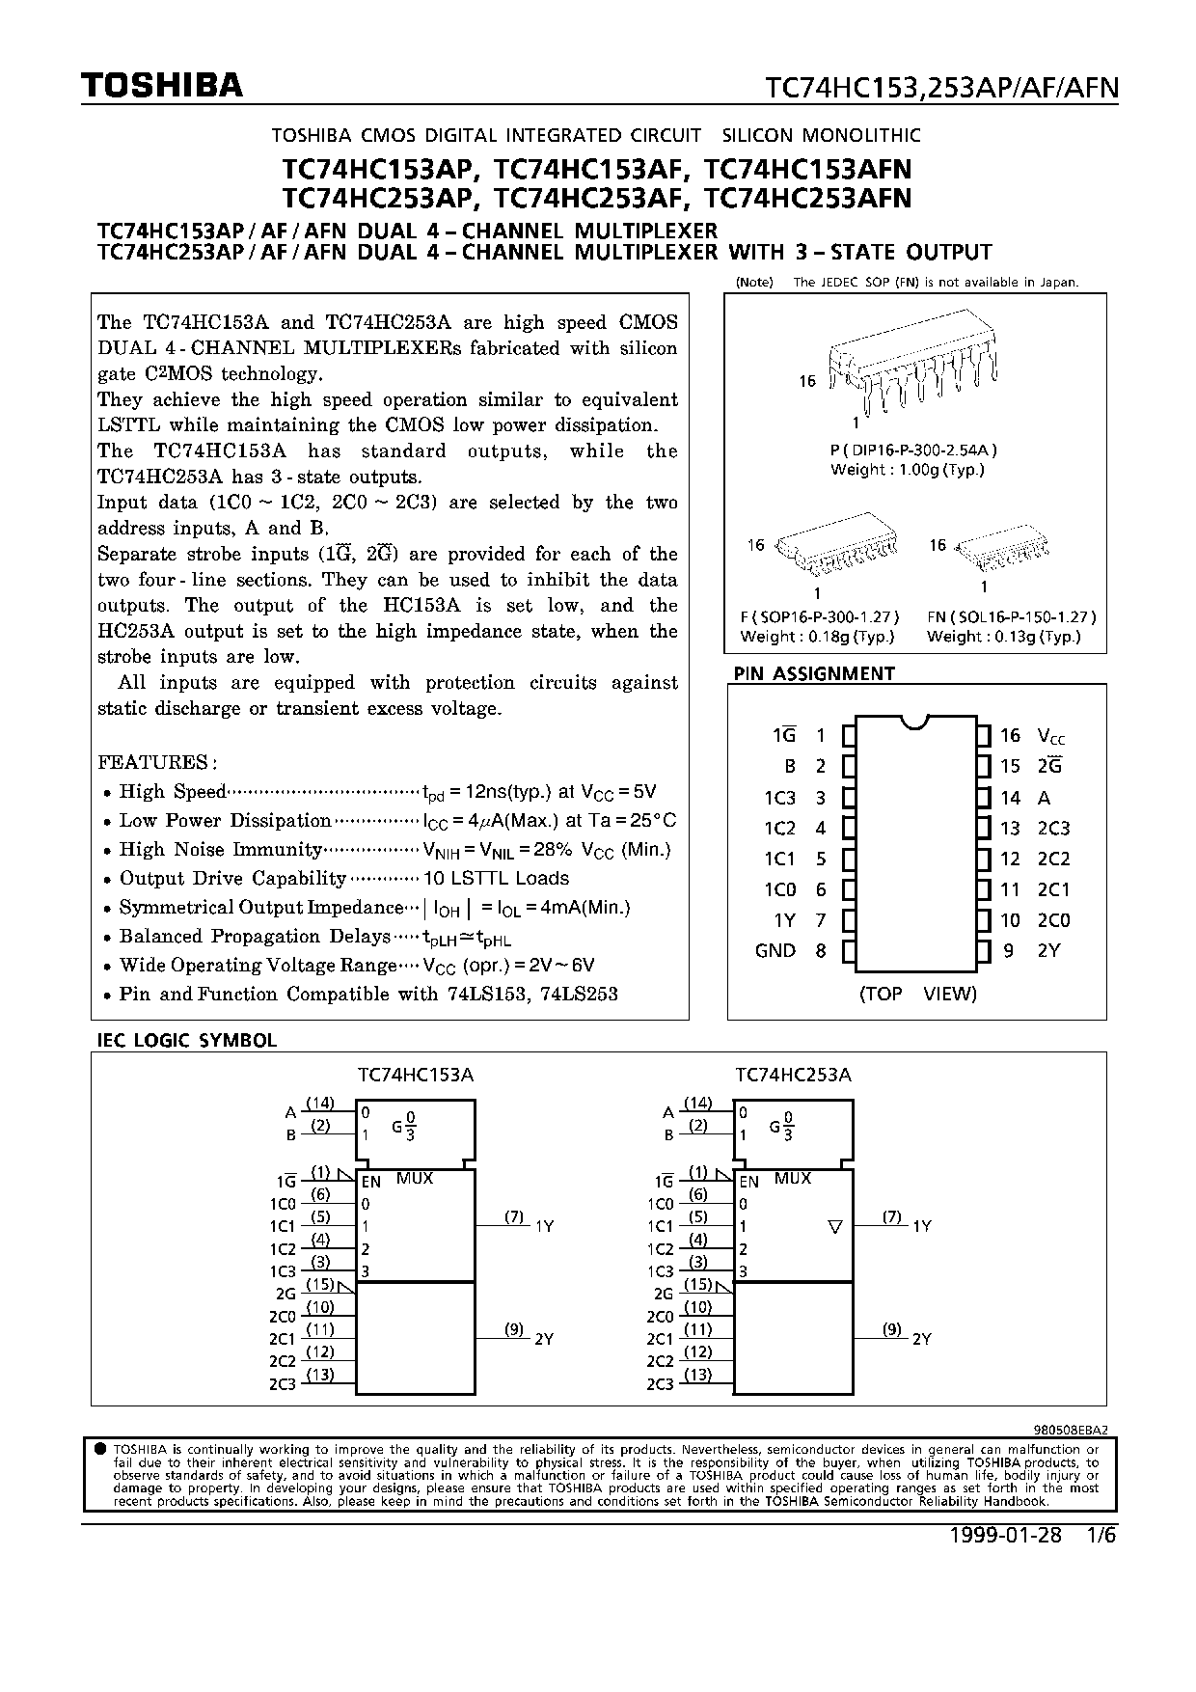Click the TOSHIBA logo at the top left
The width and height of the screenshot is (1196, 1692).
pos(162,87)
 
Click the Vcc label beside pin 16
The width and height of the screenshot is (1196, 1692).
pos(1051,736)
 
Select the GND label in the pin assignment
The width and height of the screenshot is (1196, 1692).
pos(775,951)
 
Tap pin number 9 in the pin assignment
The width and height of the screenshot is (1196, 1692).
pos(1008,951)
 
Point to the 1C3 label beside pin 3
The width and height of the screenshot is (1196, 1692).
pos(779,798)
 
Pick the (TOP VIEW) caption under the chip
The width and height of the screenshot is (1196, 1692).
pos(917,994)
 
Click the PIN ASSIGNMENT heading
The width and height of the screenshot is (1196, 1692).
pos(814,673)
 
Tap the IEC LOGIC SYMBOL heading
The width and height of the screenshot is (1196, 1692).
pos(187,1041)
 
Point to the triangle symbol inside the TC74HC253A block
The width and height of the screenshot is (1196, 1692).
pos(835,1227)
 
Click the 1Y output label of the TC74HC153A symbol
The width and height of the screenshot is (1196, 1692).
pos(545,1226)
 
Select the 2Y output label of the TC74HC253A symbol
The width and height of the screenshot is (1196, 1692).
pos(922,1339)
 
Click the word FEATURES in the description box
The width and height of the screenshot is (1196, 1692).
pos(154,762)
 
